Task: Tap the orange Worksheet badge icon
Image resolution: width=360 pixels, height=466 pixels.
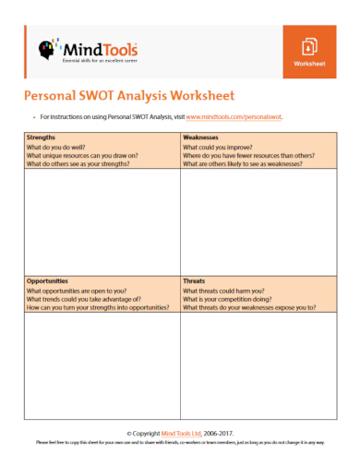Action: [310, 46]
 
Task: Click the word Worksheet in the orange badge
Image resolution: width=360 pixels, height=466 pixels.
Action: [310, 65]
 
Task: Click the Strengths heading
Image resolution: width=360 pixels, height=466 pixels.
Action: [42, 137]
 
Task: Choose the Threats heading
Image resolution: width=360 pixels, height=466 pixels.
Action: [195, 281]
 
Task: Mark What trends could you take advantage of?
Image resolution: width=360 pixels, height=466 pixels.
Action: [83, 299]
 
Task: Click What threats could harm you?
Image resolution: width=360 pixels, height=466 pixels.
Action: [222, 291]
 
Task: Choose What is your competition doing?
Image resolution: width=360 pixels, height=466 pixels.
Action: [227, 299]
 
